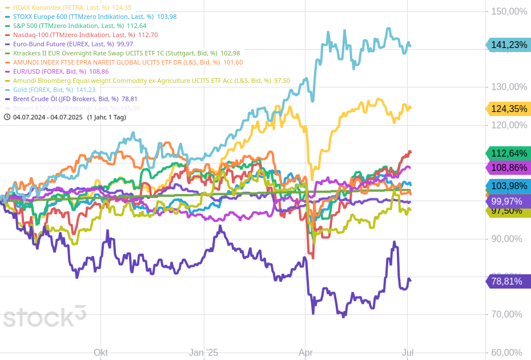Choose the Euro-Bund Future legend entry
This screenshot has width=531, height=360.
69,44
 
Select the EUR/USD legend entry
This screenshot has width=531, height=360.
57,71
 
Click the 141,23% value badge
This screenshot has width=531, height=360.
507,45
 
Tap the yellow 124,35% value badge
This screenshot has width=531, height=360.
507,109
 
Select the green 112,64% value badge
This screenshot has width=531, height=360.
507,153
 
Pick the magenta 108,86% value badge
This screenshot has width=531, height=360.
507,168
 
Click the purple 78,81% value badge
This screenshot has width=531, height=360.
507,281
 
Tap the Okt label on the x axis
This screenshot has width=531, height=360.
100,353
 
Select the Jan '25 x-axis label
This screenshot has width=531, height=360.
204,353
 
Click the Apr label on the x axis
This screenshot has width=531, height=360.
305,353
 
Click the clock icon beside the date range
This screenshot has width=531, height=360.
7,117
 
